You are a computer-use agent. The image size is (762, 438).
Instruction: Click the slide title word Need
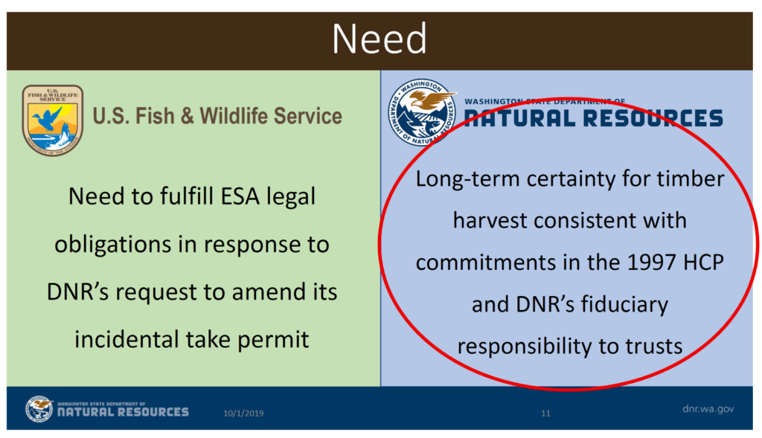(380, 39)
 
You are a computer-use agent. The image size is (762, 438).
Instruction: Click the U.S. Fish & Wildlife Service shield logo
(53, 120)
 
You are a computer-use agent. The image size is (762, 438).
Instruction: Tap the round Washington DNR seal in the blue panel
(422, 112)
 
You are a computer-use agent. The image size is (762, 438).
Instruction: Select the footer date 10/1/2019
(243, 413)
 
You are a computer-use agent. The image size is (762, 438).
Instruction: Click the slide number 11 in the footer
(545, 413)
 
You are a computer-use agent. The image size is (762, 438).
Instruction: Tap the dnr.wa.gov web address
(708, 409)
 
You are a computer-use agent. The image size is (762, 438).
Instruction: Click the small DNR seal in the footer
(39, 409)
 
